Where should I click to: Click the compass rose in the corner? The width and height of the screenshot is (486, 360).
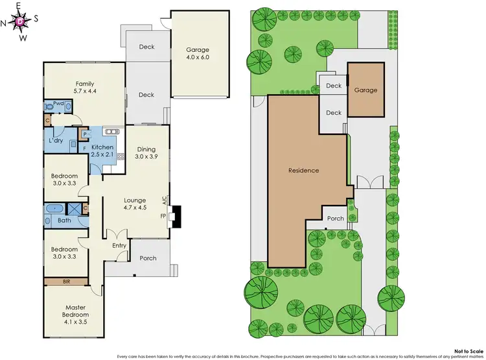(21, 21)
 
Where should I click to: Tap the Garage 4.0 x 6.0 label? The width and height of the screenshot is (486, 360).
(197, 54)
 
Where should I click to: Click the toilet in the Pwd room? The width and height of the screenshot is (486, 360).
(49, 106)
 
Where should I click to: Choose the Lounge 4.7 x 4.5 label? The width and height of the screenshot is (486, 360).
(135, 204)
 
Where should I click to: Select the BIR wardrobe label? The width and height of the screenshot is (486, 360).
(67, 281)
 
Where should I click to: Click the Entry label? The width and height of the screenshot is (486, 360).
(119, 245)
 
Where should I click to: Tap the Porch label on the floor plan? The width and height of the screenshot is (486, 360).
(148, 258)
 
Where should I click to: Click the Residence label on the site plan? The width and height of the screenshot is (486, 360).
(304, 171)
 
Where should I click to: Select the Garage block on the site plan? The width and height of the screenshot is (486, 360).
(365, 90)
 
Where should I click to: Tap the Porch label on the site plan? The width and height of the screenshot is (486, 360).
(335, 219)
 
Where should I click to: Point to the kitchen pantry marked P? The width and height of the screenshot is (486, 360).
(84, 134)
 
